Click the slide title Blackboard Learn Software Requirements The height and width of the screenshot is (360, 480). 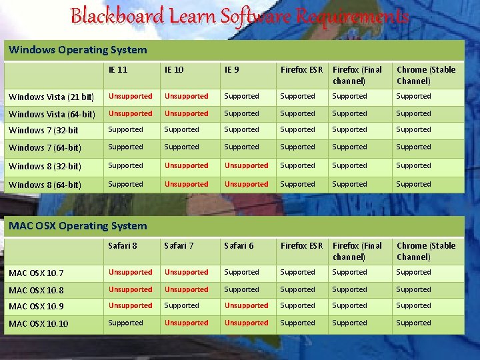(x=239, y=16)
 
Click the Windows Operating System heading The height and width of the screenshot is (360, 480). (x=78, y=50)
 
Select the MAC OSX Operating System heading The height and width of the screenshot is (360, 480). (x=78, y=226)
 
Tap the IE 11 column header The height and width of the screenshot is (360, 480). (x=118, y=69)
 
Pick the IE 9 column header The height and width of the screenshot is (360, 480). (x=233, y=69)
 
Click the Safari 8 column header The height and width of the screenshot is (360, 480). (x=123, y=245)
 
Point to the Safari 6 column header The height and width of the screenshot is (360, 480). (x=239, y=245)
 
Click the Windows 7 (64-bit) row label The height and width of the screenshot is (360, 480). (x=45, y=147)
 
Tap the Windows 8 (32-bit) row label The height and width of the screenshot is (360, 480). (x=45, y=166)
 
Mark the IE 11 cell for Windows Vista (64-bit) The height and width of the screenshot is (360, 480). (x=130, y=113)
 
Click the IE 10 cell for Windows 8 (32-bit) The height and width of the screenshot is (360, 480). (x=186, y=165)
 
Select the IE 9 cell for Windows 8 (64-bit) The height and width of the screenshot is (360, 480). (x=246, y=184)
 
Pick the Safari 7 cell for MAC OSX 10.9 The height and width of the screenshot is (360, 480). (x=181, y=305)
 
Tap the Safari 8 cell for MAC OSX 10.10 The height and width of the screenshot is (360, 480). (x=125, y=323)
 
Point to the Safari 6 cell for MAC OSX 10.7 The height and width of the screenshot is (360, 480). (x=241, y=272)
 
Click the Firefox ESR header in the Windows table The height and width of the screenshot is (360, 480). (x=301, y=69)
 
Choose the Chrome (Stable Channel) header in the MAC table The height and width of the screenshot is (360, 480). (x=426, y=251)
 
